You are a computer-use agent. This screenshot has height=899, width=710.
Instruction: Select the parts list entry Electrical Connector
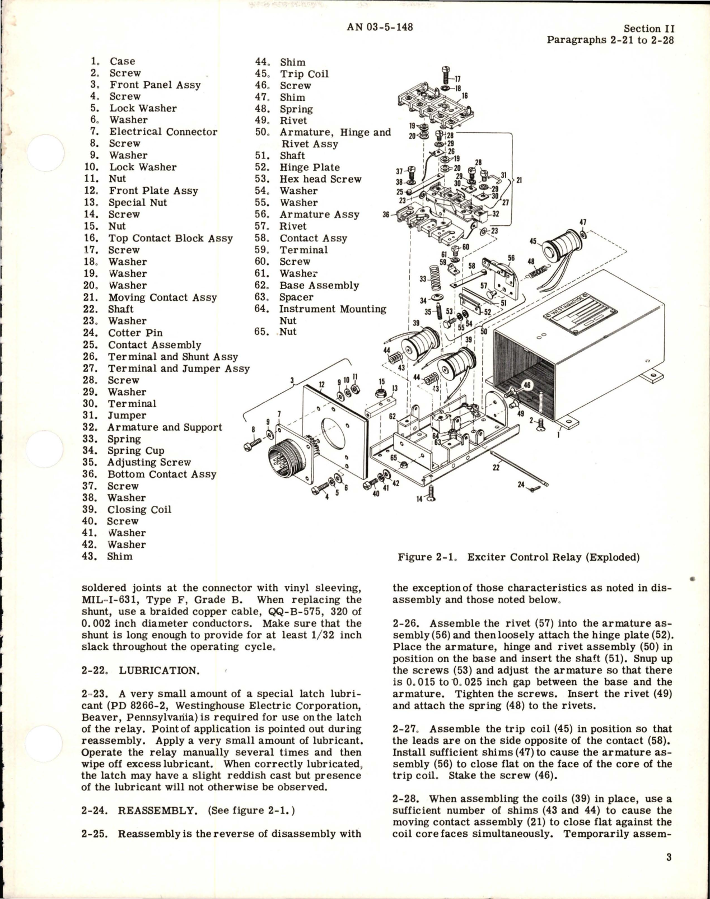pyautogui.click(x=163, y=132)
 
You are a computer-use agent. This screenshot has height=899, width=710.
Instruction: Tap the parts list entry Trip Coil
pyautogui.click(x=304, y=74)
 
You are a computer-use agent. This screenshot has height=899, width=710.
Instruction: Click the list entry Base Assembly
pyautogui.click(x=319, y=285)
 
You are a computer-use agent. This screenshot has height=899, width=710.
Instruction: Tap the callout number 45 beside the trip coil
pyautogui.click(x=532, y=242)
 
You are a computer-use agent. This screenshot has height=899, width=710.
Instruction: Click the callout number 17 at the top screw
pyautogui.click(x=457, y=80)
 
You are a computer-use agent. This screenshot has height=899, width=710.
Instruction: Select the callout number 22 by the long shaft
pyautogui.click(x=496, y=468)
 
